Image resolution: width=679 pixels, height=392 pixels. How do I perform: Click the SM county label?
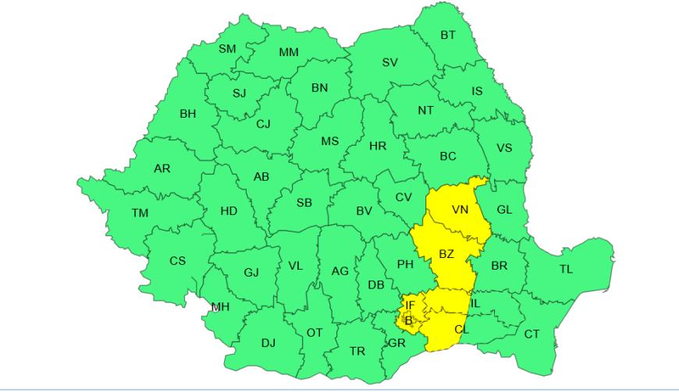(227, 49)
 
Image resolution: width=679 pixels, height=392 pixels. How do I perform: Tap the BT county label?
(448, 35)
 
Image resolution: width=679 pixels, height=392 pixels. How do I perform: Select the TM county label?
(140, 213)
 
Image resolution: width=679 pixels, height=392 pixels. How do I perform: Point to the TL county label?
(566, 270)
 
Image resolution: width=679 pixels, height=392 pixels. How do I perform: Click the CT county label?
(531, 334)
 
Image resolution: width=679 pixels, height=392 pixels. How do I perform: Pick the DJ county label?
(268, 342)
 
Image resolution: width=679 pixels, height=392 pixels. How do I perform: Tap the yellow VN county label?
(460, 210)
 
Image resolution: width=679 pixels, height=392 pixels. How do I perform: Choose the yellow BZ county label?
(446, 254)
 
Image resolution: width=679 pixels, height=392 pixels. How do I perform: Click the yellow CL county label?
(462, 330)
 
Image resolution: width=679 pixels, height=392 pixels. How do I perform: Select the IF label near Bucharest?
(411, 305)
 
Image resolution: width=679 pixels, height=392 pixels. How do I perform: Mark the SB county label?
(304, 203)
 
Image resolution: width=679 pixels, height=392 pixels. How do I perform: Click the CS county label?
(178, 260)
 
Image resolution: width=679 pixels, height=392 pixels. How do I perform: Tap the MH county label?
(220, 307)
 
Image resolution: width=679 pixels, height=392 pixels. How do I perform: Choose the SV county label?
(389, 62)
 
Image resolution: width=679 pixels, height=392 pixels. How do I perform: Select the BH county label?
(188, 114)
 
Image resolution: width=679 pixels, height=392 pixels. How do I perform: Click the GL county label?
(504, 209)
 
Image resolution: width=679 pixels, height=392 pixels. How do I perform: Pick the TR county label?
(357, 351)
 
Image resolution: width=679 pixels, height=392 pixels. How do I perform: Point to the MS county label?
(330, 141)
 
